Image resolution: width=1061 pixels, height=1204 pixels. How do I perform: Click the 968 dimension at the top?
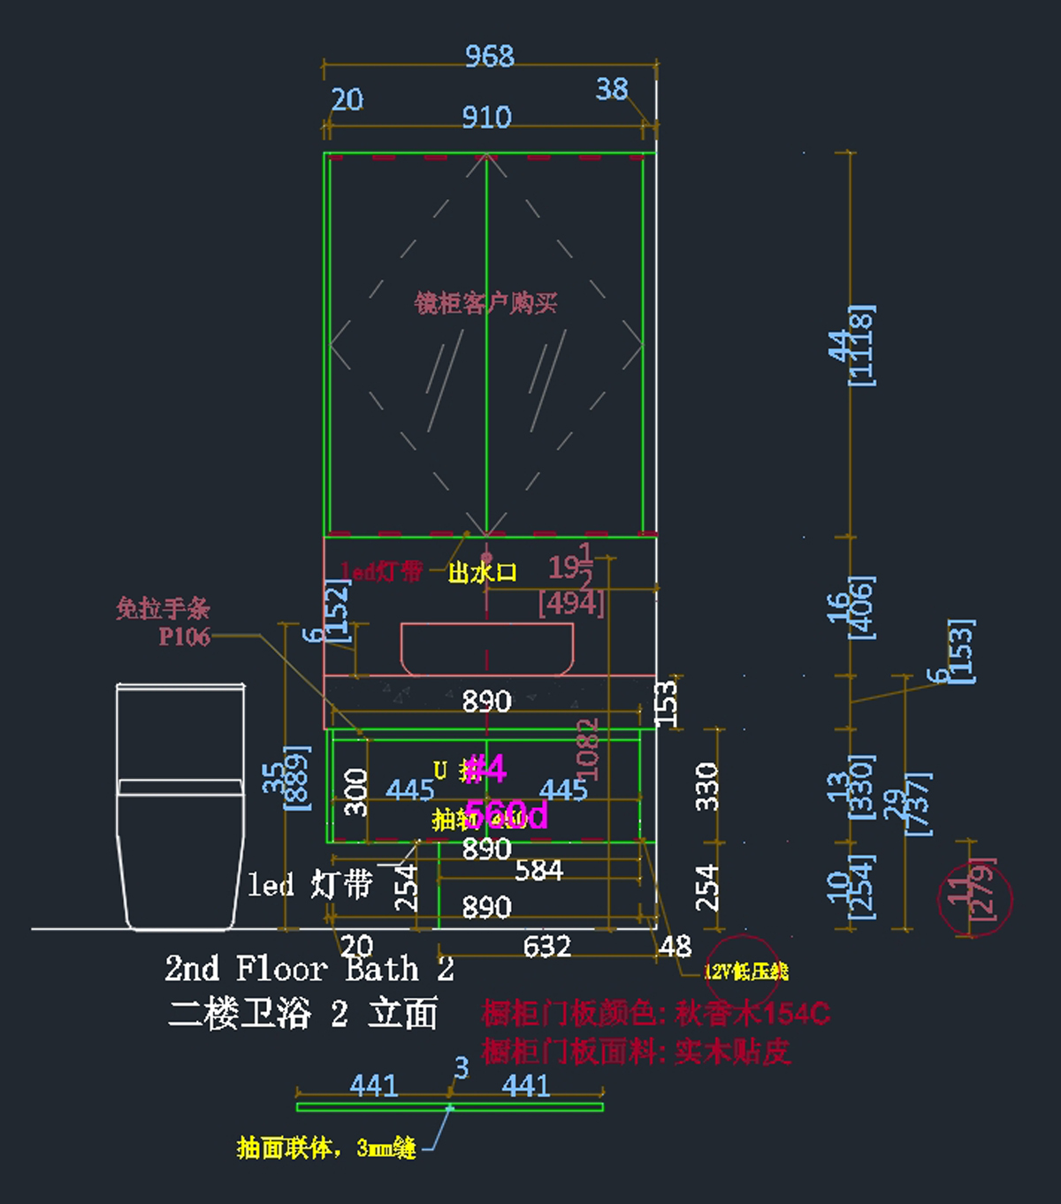[x=489, y=56]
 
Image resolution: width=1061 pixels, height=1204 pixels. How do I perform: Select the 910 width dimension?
[x=486, y=117]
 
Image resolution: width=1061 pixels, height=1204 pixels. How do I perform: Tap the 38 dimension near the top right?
[x=612, y=88]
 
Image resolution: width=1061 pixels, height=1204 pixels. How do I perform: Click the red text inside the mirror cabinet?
[x=485, y=303]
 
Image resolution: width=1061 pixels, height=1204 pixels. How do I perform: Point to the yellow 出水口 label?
[x=482, y=573]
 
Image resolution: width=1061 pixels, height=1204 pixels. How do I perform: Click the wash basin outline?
[x=486, y=649]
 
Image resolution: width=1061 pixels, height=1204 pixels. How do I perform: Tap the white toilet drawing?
[x=180, y=804]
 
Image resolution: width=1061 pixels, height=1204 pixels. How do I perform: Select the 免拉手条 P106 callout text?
[x=164, y=621]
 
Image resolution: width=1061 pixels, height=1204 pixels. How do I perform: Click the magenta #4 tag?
[x=485, y=768]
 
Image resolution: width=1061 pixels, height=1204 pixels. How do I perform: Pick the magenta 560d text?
[x=507, y=814]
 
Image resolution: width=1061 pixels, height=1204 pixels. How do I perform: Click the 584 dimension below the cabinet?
[x=538, y=871]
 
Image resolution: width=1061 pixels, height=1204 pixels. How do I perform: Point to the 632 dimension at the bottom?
[x=546, y=947]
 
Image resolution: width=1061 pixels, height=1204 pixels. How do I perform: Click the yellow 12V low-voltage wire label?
[x=745, y=972]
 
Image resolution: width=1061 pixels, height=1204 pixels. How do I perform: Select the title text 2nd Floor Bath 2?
[x=309, y=969]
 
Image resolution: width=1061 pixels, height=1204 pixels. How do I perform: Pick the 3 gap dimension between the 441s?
[x=461, y=1067]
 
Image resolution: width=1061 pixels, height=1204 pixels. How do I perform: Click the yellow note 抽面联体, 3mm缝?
[x=326, y=1148]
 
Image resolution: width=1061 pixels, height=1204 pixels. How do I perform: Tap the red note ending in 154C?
[x=655, y=1012]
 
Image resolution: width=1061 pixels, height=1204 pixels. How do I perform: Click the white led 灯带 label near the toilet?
[x=310, y=884]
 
